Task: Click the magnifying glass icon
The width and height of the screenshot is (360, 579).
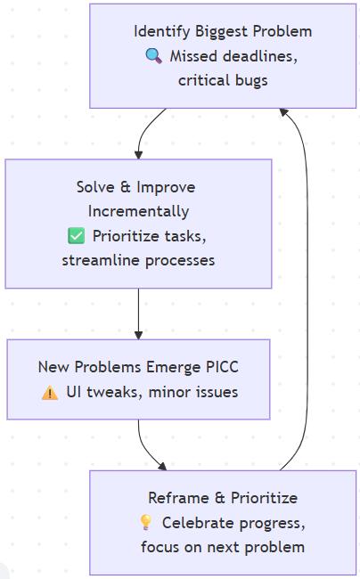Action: point(153,56)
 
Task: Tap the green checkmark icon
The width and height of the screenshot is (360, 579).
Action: point(76,236)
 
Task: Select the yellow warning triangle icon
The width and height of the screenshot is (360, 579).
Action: point(50,392)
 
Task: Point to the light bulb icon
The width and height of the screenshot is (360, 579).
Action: point(146,522)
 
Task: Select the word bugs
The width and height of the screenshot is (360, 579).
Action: point(250,80)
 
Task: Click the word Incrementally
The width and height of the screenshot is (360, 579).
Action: point(138,211)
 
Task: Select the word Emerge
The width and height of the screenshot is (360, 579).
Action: point(171,367)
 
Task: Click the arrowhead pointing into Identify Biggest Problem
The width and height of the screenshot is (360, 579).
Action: point(283,112)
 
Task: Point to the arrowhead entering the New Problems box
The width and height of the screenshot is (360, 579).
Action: point(139,334)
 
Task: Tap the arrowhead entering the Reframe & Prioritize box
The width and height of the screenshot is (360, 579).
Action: point(161,466)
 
